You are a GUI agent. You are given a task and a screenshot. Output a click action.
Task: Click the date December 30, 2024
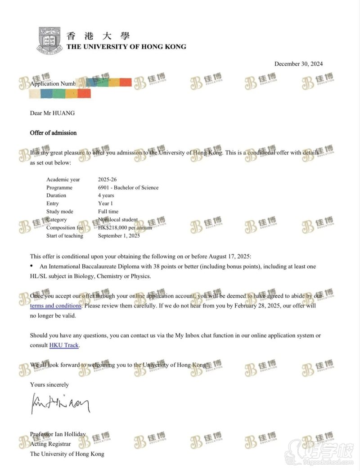click(298, 64)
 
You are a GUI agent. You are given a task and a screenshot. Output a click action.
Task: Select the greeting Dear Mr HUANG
click(52, 113)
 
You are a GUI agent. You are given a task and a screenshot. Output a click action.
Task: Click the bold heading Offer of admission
click(53, 133)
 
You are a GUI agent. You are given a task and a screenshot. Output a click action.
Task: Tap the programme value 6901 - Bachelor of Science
click(128, 187)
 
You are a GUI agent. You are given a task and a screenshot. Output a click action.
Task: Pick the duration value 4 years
click(106, 195)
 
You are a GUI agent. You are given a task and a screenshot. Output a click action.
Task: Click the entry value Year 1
click(105, 204)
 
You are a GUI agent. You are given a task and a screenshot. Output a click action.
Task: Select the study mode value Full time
click(108, 212)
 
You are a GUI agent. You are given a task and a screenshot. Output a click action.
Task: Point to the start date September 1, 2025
click(119, 236)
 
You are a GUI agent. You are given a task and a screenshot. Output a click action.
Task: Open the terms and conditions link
click(55, 306)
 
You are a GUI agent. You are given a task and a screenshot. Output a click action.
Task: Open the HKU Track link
click(64, 345)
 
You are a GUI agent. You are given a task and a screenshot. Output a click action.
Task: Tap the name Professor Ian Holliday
click(58, 435)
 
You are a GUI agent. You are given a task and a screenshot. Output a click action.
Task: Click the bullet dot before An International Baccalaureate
click(31, 266)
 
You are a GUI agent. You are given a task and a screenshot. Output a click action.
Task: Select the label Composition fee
click(64, 228)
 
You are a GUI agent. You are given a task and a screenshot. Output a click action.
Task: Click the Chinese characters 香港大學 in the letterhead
click(98, 36)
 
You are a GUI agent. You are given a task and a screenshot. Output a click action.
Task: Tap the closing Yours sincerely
click(49, 385)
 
